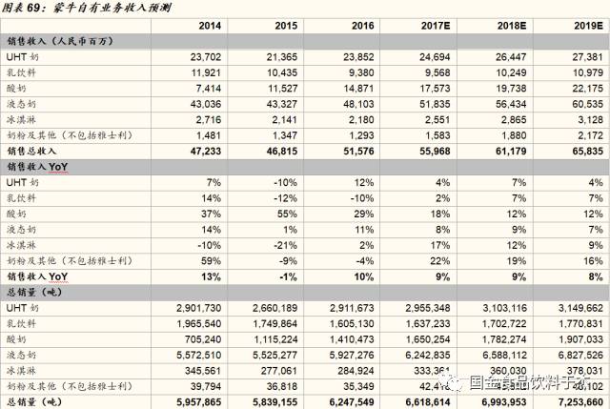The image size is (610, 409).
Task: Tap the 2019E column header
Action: click(x=583, y=25)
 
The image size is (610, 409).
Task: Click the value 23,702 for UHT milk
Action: click(x=203, y=57)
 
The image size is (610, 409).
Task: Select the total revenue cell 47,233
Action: click(x=202, y=151)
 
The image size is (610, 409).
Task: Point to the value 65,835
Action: click(x=584, y=151)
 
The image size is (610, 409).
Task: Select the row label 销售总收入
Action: click(x=32, y=151)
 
